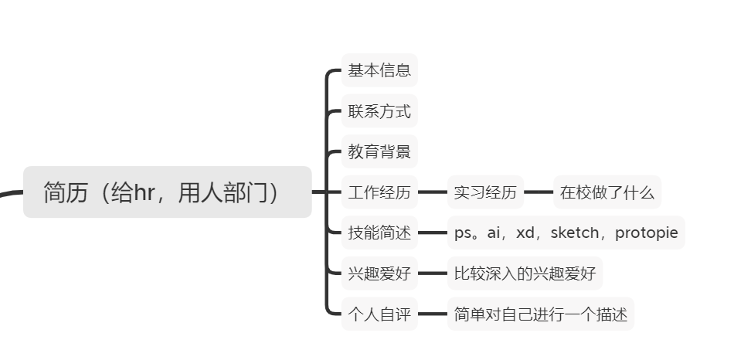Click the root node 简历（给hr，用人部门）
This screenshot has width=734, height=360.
167,192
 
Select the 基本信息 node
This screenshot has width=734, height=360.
379,70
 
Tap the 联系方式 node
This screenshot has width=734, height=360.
379,111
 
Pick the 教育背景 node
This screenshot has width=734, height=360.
379,151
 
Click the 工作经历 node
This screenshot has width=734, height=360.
379,192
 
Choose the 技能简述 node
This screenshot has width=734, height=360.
379,233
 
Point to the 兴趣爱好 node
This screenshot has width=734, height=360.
379,273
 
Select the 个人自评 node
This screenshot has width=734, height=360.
379,314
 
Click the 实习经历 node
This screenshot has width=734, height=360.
485,192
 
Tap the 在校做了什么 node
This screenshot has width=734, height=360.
607,192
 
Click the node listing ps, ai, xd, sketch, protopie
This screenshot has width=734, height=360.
566,233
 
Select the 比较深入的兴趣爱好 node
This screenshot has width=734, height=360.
525,273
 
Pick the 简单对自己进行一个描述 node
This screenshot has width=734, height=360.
541,314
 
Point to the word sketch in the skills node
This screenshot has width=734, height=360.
574,233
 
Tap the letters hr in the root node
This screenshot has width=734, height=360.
144,192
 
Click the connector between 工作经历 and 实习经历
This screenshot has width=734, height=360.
433,192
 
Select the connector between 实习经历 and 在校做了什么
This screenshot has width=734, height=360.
539,192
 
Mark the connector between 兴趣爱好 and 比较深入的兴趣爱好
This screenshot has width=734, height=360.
433,273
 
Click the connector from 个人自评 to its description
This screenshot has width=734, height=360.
433,314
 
